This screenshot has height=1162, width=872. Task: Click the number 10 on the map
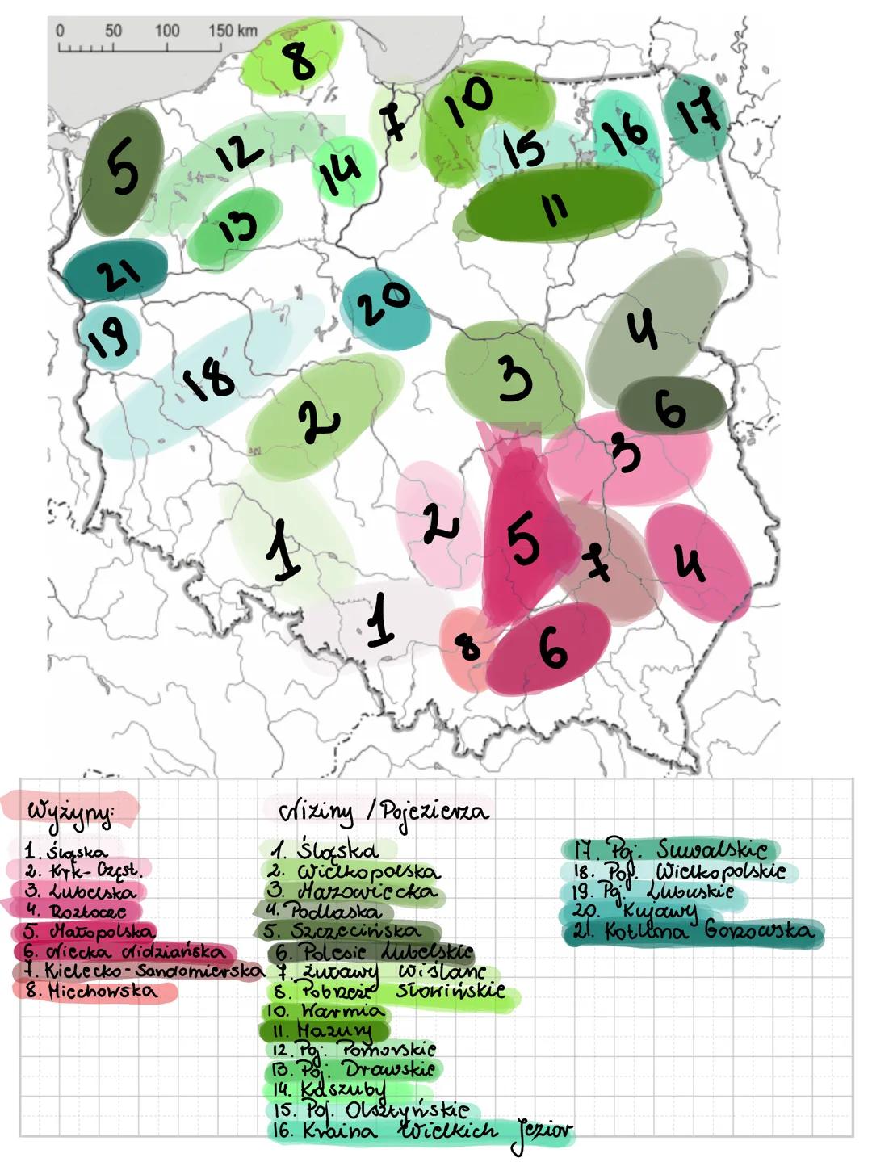pos(468,101)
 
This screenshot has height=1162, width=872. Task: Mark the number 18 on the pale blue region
pos(208,379)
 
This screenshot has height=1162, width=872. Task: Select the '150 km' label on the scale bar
pos(233,31)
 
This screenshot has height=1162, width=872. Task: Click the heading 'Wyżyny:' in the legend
pos(70,809)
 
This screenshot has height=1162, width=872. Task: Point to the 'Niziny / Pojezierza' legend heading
pos(384,810)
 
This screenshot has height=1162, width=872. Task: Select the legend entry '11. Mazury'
pos(323,1030)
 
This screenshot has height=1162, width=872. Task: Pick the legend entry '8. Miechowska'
pos(92,990)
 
